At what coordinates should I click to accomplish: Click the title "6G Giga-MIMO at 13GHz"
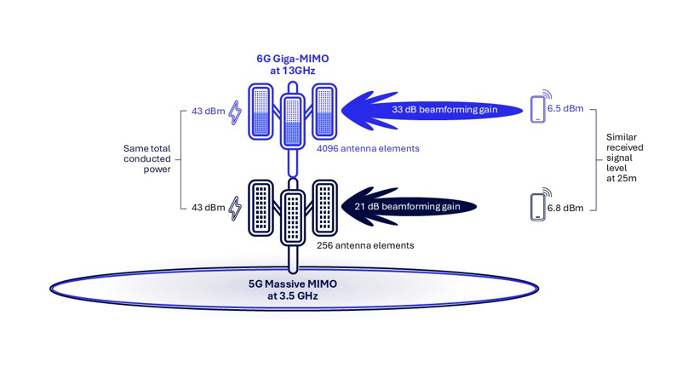(292, 65)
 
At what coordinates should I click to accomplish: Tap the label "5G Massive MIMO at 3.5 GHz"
(292, 290)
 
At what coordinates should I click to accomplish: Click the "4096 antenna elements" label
(368, 148)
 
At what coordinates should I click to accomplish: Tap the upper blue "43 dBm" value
(208, 112)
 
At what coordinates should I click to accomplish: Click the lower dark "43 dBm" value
(208, 208)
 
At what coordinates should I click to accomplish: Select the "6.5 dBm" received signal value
(566, 109)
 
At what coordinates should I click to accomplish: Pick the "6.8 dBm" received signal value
(566, 208)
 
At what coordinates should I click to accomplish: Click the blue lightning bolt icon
(235, 112)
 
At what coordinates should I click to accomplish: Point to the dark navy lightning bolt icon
(235, 209)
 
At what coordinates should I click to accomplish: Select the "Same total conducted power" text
(147, 158)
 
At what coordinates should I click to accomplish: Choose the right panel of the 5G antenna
(324, 208)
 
